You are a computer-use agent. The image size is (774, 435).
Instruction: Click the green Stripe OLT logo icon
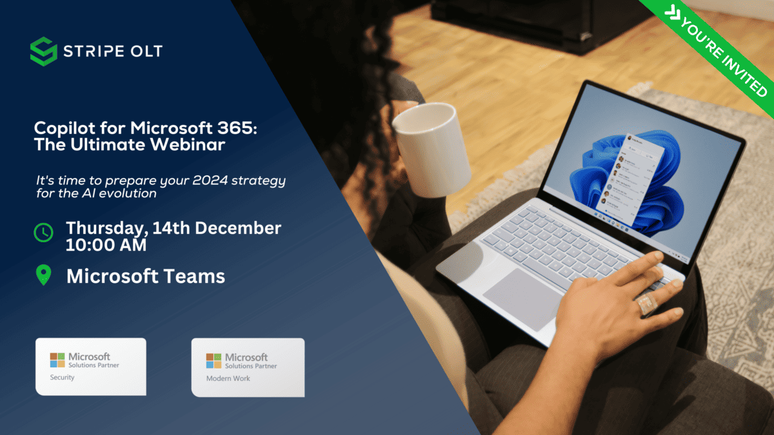pos(44,52)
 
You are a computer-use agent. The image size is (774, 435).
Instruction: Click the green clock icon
pos(44,233)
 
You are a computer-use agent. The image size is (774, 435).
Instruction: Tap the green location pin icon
pos(44,275)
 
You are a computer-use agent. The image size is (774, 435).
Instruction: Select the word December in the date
pos(238,228)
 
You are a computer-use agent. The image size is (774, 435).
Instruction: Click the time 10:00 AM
pos(106,245)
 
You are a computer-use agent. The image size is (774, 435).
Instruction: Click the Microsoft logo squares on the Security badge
pos(57,360)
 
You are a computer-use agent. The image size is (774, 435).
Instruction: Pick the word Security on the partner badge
pos(62,378)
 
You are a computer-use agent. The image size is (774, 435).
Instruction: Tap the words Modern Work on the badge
pos(228,378)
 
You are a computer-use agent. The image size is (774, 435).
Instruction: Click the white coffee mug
pos(432,149)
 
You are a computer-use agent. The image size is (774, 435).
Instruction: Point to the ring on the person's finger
pos(647,304)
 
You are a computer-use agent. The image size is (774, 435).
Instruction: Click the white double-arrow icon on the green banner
pos(672,14)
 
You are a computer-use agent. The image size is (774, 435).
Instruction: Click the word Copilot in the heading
pos(64,128)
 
